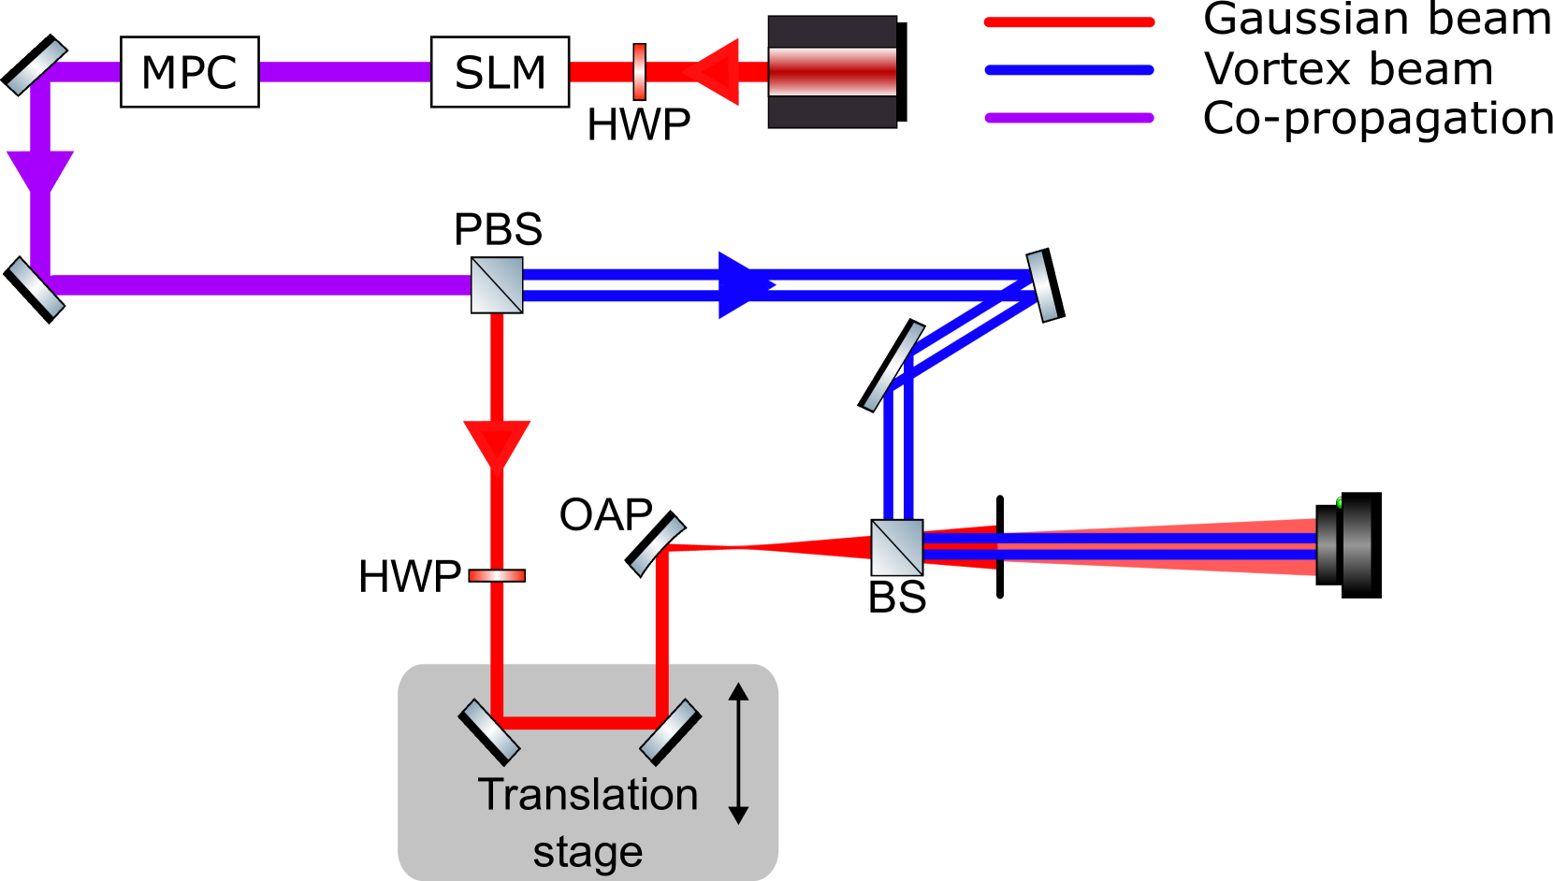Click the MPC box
click(x=189, y=72)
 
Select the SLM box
click(x=500, y=72)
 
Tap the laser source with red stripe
click(x=832, y=72)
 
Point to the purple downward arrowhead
click(x=40, y=173)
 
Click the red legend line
click(x=1069, y=22)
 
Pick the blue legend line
click(x=1069, y=70)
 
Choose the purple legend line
click(x=1069, y=118)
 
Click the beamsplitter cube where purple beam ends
click(x=497, y=285)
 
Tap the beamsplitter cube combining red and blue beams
click(x=896, y=548)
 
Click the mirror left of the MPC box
click(x=36, y=67)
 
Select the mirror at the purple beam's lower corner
click(x=36, y=287)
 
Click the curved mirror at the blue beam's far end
click(x=1042, y=286)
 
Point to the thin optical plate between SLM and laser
click(x=639, y=72)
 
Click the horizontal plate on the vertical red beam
click(x=497, y=576)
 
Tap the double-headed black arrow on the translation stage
click(x=738, y=753)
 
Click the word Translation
click(x=588, y=795)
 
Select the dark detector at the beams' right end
click(x=1345, y=547)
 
